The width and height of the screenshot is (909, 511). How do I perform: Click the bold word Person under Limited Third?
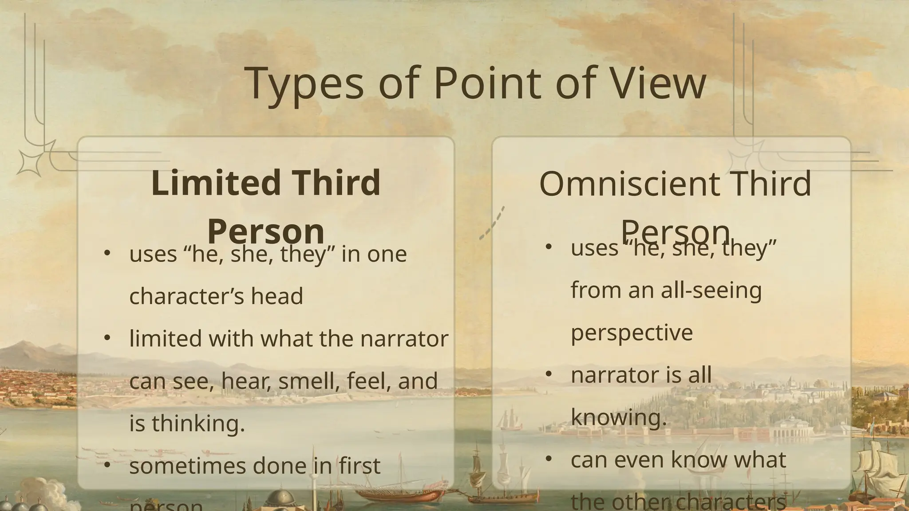(265, 231)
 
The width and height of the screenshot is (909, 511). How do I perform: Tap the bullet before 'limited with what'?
(107, 338)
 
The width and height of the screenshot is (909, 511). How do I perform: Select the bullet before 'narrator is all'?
(548, 374)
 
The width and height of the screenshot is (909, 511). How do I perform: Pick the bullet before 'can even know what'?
(548, 459)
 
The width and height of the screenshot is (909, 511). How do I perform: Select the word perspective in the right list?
(632, 333)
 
